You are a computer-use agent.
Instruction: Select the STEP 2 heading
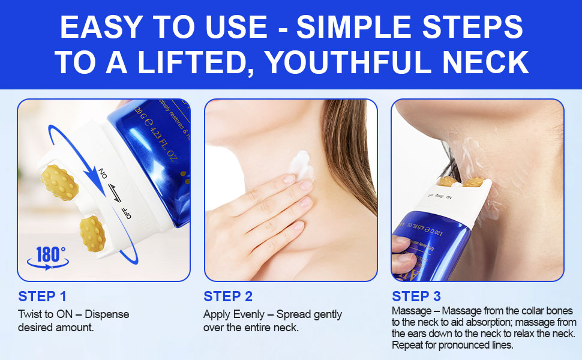click(229, 296)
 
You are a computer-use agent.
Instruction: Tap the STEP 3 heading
click(416, 296)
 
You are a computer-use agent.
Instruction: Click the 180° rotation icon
click(47, 256)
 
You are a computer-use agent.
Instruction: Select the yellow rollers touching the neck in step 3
click(461, 181)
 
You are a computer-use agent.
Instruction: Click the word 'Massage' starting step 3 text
click(411, 311)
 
